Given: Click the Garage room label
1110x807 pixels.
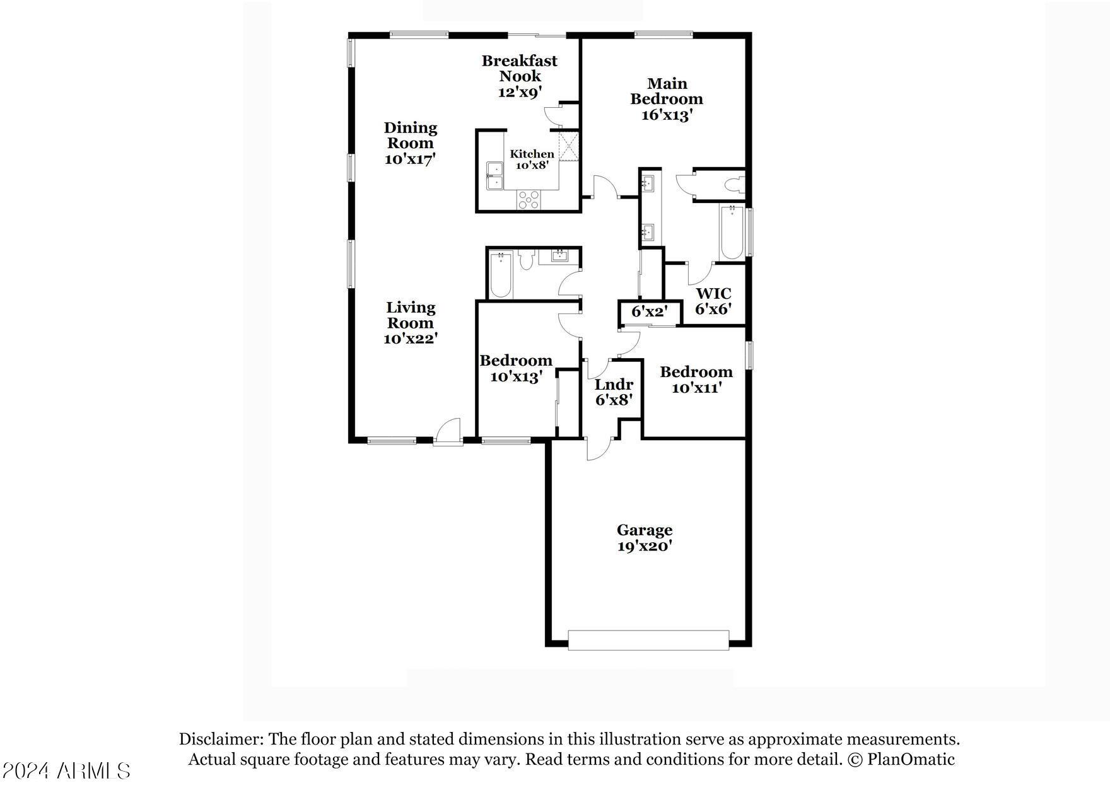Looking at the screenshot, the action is click(x=645, y=530).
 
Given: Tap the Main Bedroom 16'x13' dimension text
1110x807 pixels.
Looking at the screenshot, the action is click(x=667, y=115).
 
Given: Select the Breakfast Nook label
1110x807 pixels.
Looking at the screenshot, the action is click(x=520, y=68).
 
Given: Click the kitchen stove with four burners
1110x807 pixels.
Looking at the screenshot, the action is click(x=529, y=199).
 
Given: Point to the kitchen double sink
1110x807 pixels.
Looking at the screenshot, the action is click(x=494, y=175).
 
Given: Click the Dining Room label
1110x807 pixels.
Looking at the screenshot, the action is click(x=411, y=136).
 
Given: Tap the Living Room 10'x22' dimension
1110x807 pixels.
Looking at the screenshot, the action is click(x=411, y=339).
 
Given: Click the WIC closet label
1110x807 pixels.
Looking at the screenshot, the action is click(x=713, y=294).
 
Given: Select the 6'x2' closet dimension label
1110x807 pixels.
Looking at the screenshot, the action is click(x=649, y=311).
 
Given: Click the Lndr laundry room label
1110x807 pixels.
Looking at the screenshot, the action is click(x=614, y=385).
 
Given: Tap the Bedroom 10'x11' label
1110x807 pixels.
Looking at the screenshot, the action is click(x=696, y=380).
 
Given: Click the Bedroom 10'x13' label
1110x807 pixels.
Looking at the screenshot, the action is click(x=516, y=369).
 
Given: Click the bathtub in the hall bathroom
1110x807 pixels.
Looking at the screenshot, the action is click(x=501, y=275).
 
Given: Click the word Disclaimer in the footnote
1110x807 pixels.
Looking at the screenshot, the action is click(x=219, y=739).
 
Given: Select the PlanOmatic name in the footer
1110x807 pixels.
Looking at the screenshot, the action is click(x=911, y=759).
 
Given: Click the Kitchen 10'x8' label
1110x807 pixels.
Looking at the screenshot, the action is click(x=532, y=160).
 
